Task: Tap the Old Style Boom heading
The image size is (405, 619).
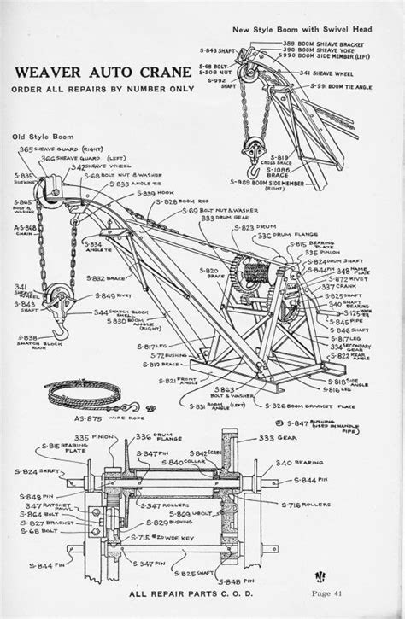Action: pos(43,137)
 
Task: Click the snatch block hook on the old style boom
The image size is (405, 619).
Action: pos(60,330)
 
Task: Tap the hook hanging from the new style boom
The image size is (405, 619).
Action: pos(254,155)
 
